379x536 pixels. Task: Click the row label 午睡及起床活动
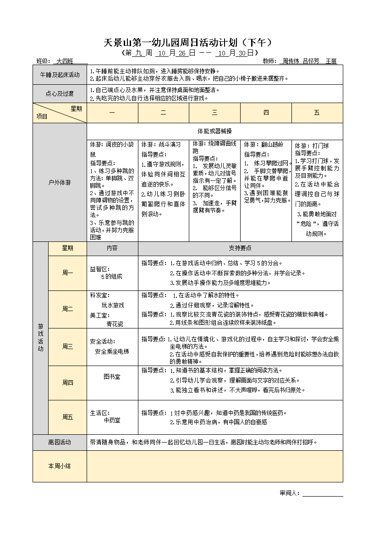click(x=60, y=75)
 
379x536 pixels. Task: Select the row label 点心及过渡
click(x=60, y=94)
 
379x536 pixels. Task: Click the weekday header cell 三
click(x=214, y=113)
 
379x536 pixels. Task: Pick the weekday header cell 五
click(x=317, y=113)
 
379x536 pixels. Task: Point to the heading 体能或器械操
click(x=214, y=131)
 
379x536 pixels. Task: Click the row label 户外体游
click(x=60, y=182)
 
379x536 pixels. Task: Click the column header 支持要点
click(x=240, y=248)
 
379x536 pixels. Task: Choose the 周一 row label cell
click(x=67, y=273)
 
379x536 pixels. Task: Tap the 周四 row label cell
click(x=67, y=383)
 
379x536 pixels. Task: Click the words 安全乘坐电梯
click(x=112, y=351)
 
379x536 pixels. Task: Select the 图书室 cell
click(x=112, y=377)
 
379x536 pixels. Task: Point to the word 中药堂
click(x=112, y=420)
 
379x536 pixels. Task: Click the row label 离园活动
click(x=60, y=442)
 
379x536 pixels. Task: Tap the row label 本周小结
click(x=60, y=465)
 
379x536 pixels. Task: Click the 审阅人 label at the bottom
click(x=289, y=493)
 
